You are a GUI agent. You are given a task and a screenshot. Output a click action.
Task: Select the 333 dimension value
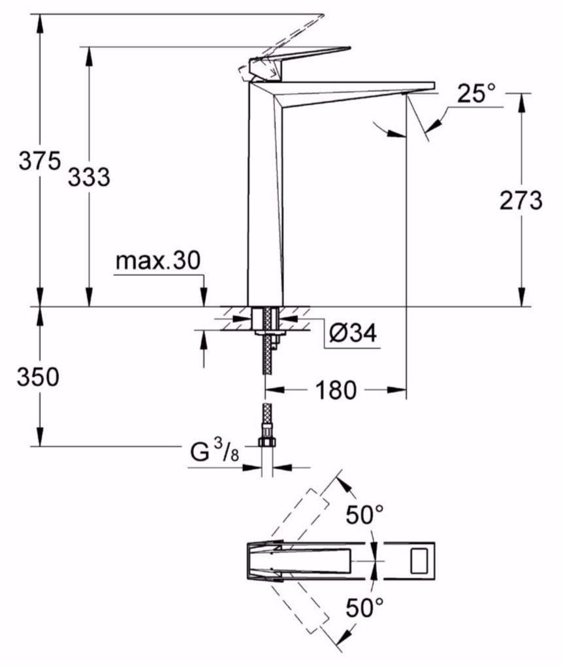tap(89, 176)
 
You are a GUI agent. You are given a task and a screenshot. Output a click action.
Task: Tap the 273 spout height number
tap(521, 200)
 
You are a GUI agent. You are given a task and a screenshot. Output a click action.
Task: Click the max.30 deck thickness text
tap(157, 261)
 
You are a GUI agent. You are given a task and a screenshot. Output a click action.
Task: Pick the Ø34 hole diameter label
tap(353, 333)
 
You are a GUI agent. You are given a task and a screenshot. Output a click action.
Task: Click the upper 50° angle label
tap(364, 515)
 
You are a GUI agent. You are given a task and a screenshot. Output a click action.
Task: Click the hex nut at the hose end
tap(266, 443)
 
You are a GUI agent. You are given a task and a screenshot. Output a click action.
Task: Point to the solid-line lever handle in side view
tap(300, 59)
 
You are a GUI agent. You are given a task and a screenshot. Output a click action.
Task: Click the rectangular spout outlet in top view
tap(420, 560)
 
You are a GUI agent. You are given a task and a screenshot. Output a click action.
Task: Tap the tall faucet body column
tap(264, 196)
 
